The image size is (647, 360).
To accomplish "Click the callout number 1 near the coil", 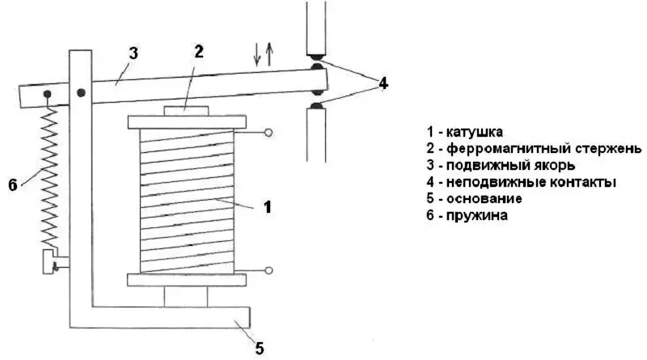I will click(x=268, y=207).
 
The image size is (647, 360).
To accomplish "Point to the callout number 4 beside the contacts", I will click(x=384, y=82).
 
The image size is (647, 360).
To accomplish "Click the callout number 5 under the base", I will click(x=260, y=349).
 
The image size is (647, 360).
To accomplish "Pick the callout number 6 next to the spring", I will click(x=13, y=185).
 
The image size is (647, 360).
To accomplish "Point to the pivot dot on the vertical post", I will click(x=81, y=94).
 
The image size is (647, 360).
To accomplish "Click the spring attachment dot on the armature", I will click(x=48, y=95).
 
